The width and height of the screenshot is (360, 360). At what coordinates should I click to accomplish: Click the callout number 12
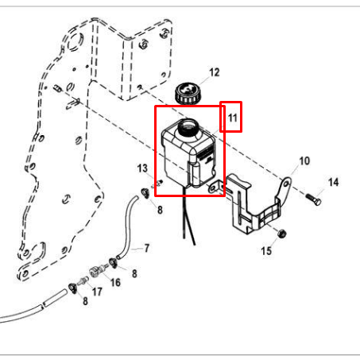point(215,72)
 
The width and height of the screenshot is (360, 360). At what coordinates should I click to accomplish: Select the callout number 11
point(232,118)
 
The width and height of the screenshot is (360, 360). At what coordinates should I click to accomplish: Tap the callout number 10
point(304,161)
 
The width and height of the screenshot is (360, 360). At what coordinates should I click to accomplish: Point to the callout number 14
point(333,182)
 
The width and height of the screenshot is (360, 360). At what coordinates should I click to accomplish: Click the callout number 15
point(266,251)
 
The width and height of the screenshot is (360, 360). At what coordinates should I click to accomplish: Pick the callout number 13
point(142,168)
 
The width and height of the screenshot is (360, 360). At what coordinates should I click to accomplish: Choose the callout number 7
point(147,248)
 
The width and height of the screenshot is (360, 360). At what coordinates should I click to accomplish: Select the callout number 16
point(115,282)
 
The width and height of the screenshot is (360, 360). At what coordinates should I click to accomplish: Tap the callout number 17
point(97,292)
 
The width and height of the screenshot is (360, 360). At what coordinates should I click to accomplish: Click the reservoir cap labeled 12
point(188,94)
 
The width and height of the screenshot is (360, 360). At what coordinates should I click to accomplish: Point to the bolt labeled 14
point(314,199)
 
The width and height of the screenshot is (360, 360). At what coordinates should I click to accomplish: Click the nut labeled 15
point(281,234)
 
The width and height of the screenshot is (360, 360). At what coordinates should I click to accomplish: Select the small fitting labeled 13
point(159,183)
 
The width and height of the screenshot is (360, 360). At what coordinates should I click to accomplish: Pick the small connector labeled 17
point(83,281)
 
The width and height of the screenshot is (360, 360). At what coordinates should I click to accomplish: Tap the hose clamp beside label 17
point(73,288)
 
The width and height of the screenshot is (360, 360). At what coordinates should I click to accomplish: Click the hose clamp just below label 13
point(145,192)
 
